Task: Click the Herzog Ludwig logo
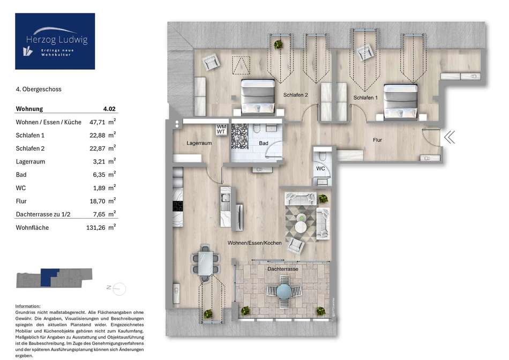pyautogui.click(x=55, y=41)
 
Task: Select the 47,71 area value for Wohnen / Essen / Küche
pyautogui.click(x=97, y=122)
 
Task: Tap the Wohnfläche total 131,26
pyautogui.click(x=96, y=228)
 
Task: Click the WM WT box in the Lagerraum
pyautogui.click(x=221, y=129)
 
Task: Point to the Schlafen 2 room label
pyautogui.click(x=295, y=95)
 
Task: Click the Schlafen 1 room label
pyautogui.click(x=365, y=97)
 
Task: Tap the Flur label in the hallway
pyautogui.click(x=377, y=140)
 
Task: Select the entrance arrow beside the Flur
pyautogui.click(x=450, y=137)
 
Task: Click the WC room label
pyautogui.click(x=320, y=168)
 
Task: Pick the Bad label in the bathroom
pyautogui.click(x=264, y=143)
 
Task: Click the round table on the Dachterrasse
pyautogui.click(x=284, y=291)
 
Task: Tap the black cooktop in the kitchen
pyautogui.click(x=177, y=206)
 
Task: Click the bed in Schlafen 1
pyautogui.click(x=401, y=102)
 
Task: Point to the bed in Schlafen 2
pyautogui.click(x=258, y=96)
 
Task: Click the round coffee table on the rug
pyautogui.click(x=302, y=227)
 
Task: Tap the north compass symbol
pyautogui.click(x=117, y=288)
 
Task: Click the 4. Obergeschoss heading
pyautogui.click(x=39, y=89)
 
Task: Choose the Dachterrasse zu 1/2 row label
pyautogui.click(x=43, y=214)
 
